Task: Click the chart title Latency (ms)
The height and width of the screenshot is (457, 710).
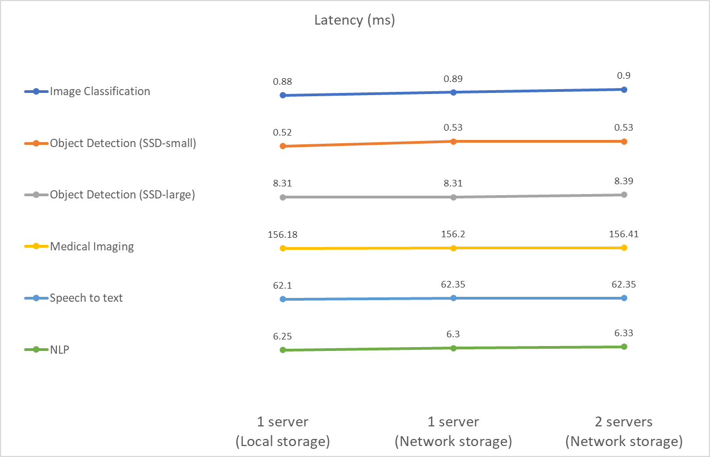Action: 354,21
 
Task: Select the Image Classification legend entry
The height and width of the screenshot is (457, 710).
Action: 100,91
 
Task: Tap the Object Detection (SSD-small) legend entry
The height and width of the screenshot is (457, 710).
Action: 123,143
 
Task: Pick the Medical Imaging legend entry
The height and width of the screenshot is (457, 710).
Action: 91,246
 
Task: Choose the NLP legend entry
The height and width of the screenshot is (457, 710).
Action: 60,349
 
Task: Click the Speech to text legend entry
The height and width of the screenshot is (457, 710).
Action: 86,298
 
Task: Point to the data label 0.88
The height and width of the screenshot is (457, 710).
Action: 282,82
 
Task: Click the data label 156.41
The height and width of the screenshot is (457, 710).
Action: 624,235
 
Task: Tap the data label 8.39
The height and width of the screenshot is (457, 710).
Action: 624,181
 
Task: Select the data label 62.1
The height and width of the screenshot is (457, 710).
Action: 282,286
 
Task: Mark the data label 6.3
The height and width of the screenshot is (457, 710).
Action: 453,335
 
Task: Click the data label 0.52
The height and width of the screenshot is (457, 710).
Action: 282,133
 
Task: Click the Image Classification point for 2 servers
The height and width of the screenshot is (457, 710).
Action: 624,89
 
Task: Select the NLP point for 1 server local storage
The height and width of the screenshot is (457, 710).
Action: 283,350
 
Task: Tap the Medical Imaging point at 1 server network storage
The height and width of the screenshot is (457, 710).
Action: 453,248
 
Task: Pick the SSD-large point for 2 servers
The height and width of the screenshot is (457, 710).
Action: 624,195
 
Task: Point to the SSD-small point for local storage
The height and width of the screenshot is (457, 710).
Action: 283,146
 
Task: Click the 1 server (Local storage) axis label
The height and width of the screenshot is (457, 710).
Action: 283,431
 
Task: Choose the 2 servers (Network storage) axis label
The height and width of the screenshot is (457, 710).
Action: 624,431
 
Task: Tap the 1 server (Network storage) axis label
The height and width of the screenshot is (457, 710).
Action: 453,431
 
